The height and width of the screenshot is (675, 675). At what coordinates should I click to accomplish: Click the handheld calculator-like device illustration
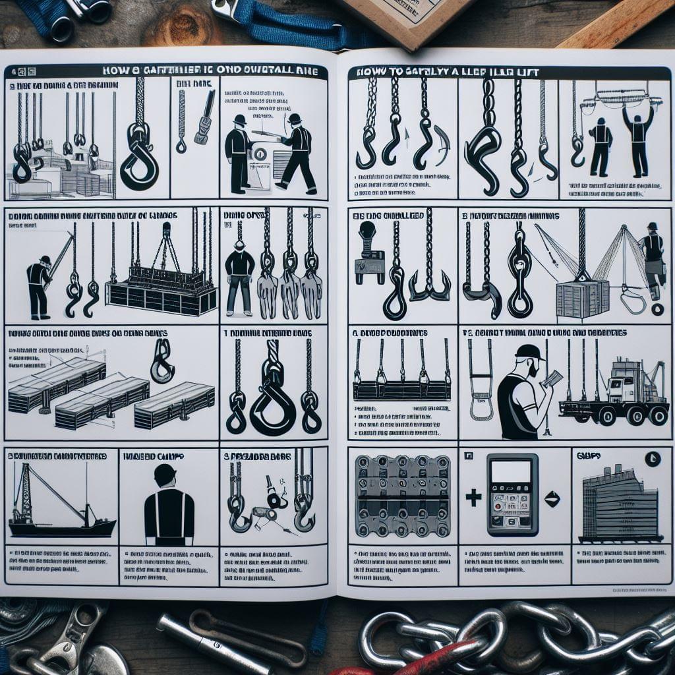512,494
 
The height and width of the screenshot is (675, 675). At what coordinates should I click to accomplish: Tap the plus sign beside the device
473,498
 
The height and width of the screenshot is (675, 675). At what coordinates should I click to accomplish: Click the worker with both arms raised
637,135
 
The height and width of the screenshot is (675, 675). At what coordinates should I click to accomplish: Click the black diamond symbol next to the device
552,499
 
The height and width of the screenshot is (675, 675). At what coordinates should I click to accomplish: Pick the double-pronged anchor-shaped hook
429,283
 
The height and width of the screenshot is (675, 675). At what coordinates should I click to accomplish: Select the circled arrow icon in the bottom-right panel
652,459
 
